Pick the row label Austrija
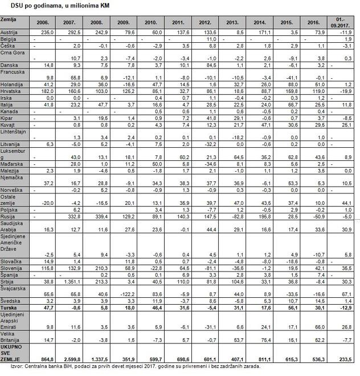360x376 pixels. pos(10,33)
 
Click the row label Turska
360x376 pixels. pos(10,308)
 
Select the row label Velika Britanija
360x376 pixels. pos(12,337)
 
